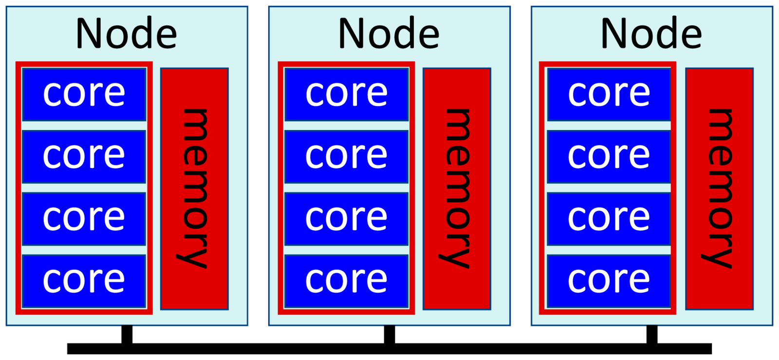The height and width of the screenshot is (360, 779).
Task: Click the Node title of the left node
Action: pos(127,33)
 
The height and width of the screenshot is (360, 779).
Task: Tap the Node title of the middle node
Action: pos(389,33)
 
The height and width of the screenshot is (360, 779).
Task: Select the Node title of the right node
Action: pos(651,33)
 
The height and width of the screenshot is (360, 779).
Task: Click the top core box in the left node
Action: pos(84,94)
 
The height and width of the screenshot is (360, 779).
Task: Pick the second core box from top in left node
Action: pos(84,156)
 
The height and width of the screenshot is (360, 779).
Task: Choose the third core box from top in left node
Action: pos(84,219)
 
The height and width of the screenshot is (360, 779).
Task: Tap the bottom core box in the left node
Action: pos(84,281)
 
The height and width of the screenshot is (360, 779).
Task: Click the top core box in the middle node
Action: pos(346,94)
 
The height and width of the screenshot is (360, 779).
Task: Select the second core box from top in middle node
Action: pos(346,156)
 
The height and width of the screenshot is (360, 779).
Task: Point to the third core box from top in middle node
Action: pos(346,219)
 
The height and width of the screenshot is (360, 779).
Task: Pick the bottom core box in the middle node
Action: pos(346,281)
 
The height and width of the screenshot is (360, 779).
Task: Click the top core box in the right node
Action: pos(609,94)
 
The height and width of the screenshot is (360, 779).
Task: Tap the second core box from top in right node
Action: pos(609,156)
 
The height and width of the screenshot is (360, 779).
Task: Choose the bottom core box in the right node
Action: pos(609,281)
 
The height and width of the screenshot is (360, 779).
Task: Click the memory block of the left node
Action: pos(194,189)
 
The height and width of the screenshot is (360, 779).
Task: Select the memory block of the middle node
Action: pos(457,189)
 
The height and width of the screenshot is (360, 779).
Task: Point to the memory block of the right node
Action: pos(719,189)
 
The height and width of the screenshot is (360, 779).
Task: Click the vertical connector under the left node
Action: pos(127,335)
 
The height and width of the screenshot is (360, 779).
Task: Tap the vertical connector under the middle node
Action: pos(389,335)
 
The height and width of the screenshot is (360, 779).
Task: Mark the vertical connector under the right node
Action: pos(651,335)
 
